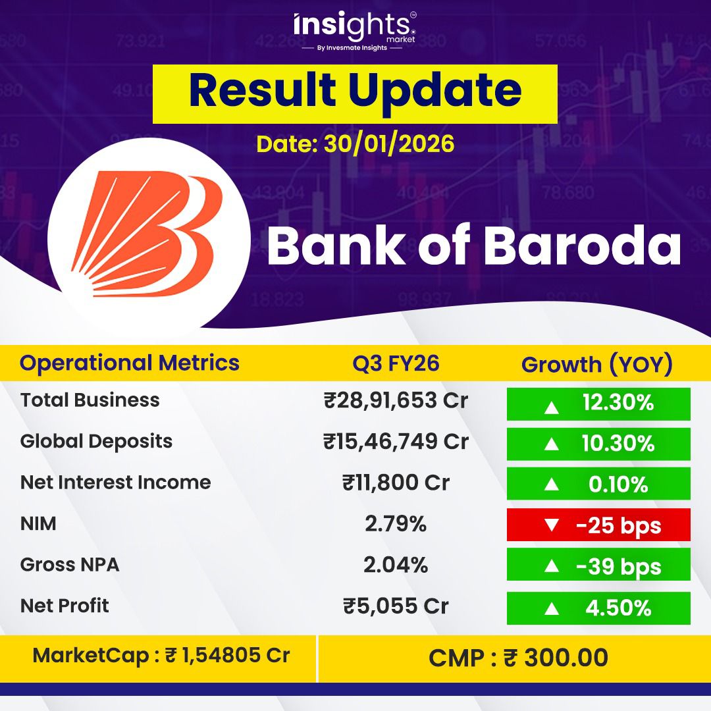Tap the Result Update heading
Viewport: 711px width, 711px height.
point(355,92)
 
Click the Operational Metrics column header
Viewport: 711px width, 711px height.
point(130,363)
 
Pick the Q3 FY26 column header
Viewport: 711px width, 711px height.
point(396,363)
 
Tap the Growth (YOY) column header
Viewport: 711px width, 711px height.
point(597,365)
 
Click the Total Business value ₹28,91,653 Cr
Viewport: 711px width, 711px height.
point(396,401)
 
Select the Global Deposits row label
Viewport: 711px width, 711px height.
point(96,441)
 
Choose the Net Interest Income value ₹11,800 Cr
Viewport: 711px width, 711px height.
point(396,483)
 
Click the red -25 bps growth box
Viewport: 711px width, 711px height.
point(598,525)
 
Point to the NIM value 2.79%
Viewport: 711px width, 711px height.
point(396,524)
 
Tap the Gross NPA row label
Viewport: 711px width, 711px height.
point(70,565)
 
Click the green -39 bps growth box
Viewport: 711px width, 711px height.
point(598,566)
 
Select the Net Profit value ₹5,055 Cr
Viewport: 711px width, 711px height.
point(396,606)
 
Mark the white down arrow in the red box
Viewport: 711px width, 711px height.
point(552,525)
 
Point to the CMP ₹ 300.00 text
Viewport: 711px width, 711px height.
point(518,658)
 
